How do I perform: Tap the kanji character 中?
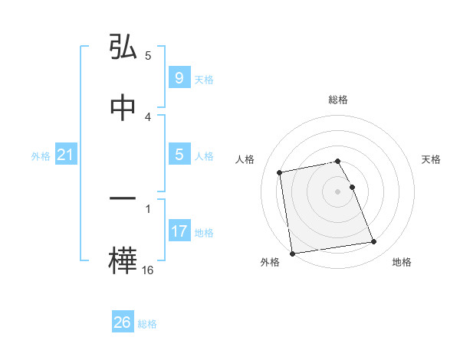pyautogui.click(x=123, y=108)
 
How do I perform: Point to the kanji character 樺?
pyautogui.click(x=123, y=260)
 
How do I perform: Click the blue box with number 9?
pyautogui.click(x=179, y=78)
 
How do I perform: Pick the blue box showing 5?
pyautogui.click(x=179, y=155)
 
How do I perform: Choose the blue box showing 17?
pyautogui.click(x=179, y=231)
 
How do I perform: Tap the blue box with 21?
pyautogui.click(x=65, y=155)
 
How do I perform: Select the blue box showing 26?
pyautogui.click(x=122, y=322)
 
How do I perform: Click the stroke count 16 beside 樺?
pyautogui.click(x=148, y=270)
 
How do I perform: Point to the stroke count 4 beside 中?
pyautogui.click(x=148, y=116)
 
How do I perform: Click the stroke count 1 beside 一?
pyautogui.click(x=148, y=208)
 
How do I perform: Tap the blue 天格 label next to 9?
pyautogui.click(x=204, y=79)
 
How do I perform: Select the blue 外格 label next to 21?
pyautogui.click(x=41, y=156)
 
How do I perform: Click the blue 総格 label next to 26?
pyautogui.click(x=147, y=324)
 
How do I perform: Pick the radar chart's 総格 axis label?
pyautogui.click(x=338, y=100)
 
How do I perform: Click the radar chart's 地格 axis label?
pyautogui.click(x=402, y=263)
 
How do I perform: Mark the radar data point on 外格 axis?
pyautogui.click(x=292, y=253)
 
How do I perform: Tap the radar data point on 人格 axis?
pyautogui.click(x=281, y=172)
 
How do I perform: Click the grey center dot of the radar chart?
pyautogui.click(x=338, y=191)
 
